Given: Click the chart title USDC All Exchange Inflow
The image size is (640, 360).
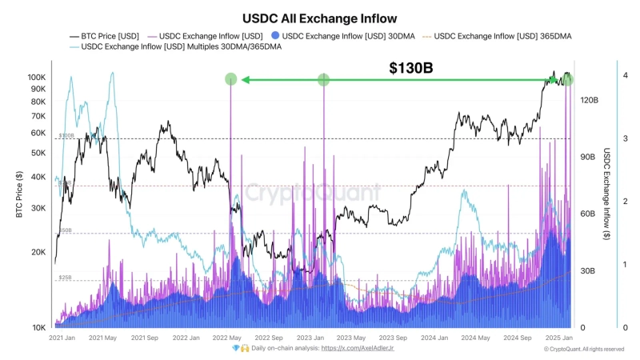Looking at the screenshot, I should click(x=319, y=17).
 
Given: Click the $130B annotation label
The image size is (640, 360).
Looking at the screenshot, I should click(x=410, y=69).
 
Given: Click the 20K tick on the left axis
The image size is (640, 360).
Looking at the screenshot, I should click(x=38, y=252).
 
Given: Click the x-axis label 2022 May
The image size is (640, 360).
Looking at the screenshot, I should click(x=226, y=338).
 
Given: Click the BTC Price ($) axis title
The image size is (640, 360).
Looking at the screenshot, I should click(x=17, y=195).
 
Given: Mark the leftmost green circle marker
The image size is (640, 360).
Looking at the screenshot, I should click(x=230, y=79).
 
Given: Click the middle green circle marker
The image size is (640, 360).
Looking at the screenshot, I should click(x=323, y=79).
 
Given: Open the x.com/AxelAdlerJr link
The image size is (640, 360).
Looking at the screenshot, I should click(x=357, y=349).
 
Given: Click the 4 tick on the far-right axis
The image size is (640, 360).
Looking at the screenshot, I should click(x=625, y=75).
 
